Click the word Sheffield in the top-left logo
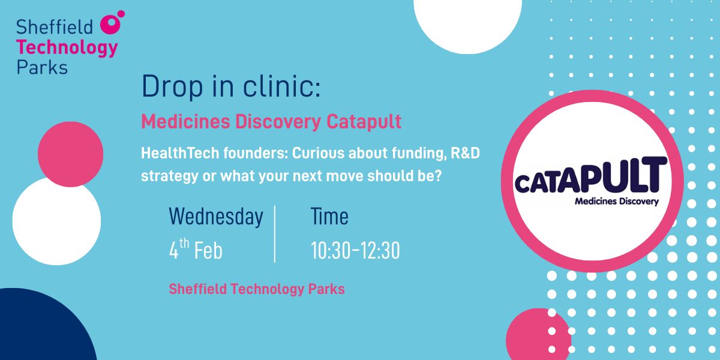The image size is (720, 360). pos(55,27)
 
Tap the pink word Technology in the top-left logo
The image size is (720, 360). pos(67,48)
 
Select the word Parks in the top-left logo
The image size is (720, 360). pos(42,67)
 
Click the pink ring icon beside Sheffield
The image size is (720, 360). pos(110,24)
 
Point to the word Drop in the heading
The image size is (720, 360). pos(172,86)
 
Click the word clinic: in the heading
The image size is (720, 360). pos(281,86)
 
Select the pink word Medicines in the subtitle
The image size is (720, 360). pos(186,121)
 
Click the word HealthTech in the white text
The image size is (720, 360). pos(180,153)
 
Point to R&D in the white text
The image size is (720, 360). pos(465,153)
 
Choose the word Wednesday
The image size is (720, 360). pos(216,217)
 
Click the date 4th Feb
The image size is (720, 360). pos(196,250)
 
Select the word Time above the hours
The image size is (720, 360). pos(329,216)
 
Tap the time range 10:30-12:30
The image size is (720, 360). pos(355,250)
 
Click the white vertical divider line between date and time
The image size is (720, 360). pos(275,234)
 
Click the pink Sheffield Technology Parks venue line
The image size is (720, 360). pos(257,289)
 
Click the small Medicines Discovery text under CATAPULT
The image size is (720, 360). pos(617,202)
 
